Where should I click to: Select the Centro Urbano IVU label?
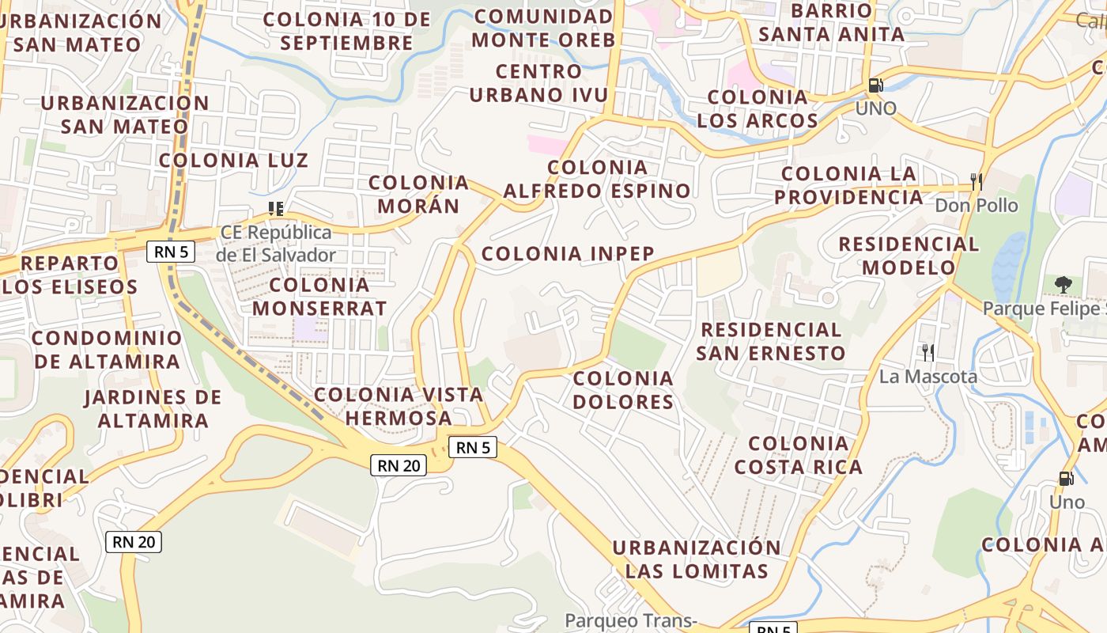pos(539,83)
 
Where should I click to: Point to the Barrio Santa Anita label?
pos(831,22)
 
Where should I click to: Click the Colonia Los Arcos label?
pos(758,108)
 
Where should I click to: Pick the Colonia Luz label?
pos(233,160)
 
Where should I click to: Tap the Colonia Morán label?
pos(419,194)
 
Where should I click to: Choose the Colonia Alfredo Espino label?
pos(597,179)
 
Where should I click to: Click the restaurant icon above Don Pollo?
pos(977,181)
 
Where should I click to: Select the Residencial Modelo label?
pos(909,256)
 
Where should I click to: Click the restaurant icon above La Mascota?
pos(928,352)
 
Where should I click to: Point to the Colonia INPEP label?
pos(568,253)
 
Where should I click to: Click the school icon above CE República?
pos(275,209)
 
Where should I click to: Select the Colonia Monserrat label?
pos(319,296)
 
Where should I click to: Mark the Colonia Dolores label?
pos(623,389)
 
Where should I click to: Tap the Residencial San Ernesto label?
pos(771,340)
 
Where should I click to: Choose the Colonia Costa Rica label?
pos(799,455)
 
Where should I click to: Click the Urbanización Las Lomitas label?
pos(697,559)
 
